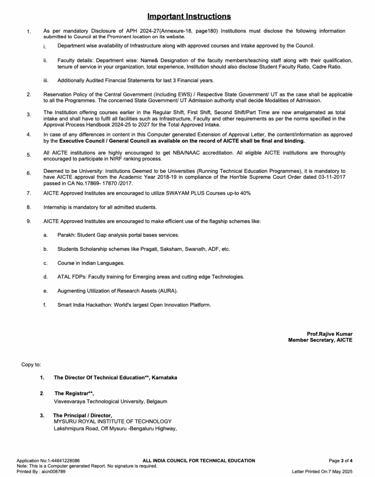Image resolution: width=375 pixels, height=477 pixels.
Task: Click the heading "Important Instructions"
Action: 189,17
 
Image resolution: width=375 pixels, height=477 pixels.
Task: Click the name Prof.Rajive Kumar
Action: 329,334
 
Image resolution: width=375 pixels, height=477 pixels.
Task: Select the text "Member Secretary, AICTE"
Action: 320,341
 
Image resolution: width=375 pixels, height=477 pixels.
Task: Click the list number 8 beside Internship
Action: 28,207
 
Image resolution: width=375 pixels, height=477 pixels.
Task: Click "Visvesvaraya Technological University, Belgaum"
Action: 111,401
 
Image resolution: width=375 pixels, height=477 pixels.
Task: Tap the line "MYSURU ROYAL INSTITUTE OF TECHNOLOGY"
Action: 112,422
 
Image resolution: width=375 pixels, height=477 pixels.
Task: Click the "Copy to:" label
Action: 31,364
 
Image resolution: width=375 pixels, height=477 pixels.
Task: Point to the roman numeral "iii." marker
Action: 45,81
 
